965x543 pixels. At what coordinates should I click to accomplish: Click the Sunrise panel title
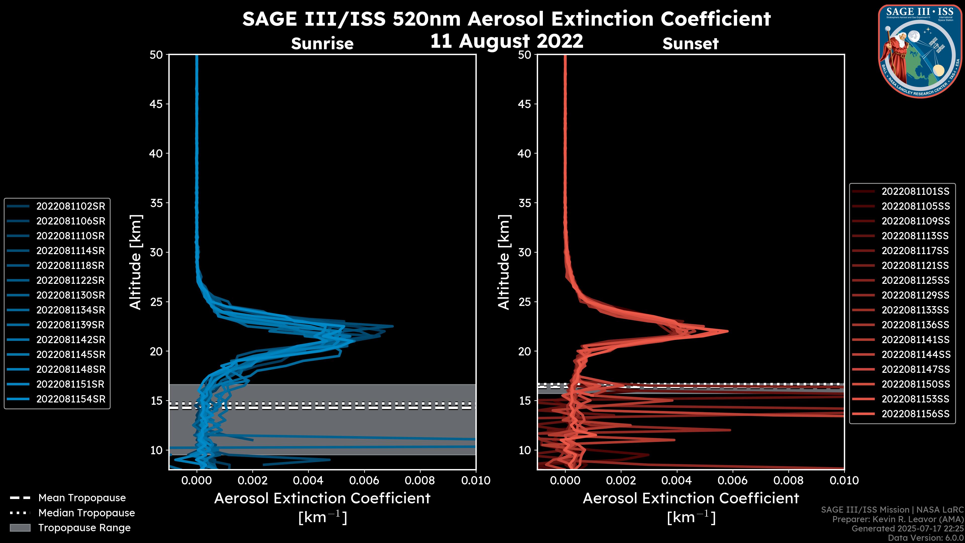pos(322,43)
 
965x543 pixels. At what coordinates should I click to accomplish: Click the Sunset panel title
pos(690,43)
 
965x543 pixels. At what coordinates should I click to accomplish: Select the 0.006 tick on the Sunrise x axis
pos(364,480)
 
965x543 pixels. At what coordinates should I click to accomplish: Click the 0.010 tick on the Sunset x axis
pos(844,480)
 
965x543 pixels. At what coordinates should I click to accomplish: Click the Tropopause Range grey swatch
pos(20,528)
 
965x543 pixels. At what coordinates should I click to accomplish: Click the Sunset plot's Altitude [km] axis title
pos(504,262)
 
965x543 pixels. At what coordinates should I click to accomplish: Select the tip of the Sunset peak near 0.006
pos(728,331)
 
